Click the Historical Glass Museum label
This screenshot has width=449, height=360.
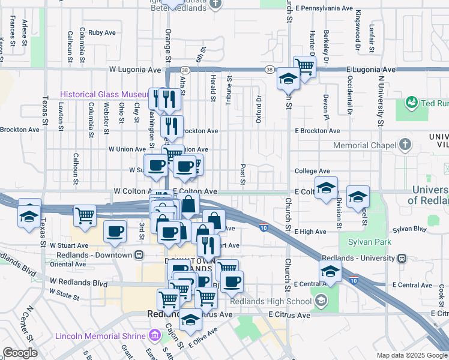point(104,95)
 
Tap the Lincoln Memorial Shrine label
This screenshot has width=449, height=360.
point(100,335)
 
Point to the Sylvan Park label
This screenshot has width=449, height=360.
point(364,243)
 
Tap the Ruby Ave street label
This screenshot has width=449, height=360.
point(101,33)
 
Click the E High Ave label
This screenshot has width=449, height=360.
point(310,232)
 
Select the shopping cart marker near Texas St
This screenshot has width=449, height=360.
point(85,215)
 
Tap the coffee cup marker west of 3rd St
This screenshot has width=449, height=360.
point(115,230)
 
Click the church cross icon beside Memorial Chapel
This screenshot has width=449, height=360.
point(406,145)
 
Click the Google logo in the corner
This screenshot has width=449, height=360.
point(20,353)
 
